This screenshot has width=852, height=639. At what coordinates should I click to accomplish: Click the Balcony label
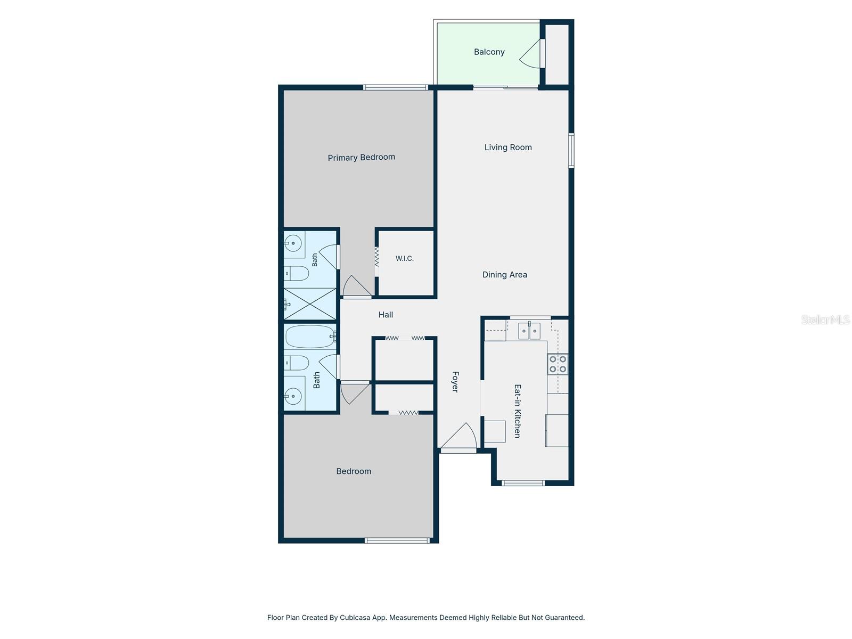tap(489, 52)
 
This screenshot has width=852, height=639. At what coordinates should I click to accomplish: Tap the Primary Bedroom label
tap(362, 157)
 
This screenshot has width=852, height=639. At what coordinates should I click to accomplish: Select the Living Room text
tap(508, 148)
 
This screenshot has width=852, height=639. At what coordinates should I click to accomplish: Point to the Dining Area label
tap(505, 275)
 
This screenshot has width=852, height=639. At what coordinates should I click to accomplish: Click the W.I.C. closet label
tap(405, 258)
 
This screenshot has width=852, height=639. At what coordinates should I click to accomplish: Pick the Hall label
tap(386, 315)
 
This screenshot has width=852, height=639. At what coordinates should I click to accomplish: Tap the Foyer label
tap(455, 382)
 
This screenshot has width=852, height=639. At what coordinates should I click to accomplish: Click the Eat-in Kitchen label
tap(517, 411)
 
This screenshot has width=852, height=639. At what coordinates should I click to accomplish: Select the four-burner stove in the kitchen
tap(558, 364)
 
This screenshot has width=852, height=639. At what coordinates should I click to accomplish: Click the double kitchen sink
tap(529, 331)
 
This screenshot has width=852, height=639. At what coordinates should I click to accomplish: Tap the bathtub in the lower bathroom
tap(310, 337)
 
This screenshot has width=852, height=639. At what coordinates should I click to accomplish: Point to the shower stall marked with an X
tap(310, 304)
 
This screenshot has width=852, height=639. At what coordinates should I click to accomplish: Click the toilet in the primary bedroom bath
tap(296, 273)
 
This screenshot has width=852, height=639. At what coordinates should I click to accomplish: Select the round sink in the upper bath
tap(293, 244)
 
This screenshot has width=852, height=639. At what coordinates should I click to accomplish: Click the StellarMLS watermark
tap(825, 319)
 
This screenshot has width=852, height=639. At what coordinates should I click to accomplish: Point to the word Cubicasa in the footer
tap(355, 617)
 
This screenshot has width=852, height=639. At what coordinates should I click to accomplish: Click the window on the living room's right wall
tap(571, 151)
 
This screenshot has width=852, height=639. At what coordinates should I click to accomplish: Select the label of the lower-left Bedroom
tap(354, 471)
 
